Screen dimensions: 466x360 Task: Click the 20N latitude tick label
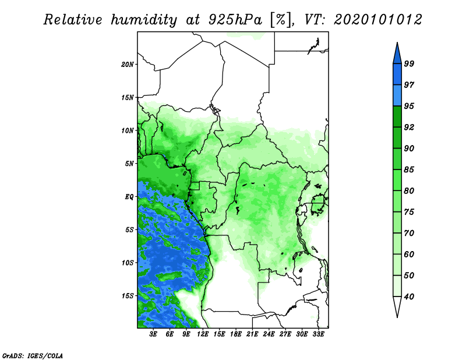click(127, 65)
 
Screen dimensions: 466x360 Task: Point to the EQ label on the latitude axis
click(129, 197)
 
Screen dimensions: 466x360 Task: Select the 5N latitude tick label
click(129, 164)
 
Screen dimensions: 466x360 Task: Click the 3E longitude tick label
click(153, 334)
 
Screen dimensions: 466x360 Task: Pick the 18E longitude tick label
click(236, 334)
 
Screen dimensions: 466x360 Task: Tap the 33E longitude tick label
click(318, 334)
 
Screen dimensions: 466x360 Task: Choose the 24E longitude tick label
click(269, 334)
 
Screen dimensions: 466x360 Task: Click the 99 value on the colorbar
click(409, 63)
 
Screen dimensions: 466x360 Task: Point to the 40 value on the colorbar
click(409, 297)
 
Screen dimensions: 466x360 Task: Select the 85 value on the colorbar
click(409, 170)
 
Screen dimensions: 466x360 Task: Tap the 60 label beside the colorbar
click(409, 254)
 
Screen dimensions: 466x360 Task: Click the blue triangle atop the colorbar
click(397, 55)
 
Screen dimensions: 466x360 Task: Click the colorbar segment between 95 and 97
click(397, 96)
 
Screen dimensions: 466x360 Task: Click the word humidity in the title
click(144, 20)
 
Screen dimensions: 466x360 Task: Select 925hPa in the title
click(235, 20)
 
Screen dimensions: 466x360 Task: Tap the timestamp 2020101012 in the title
click(377, 20)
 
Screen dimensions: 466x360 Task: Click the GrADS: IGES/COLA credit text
click(33, 355)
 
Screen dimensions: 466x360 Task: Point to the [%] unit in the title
click(281, 20)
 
